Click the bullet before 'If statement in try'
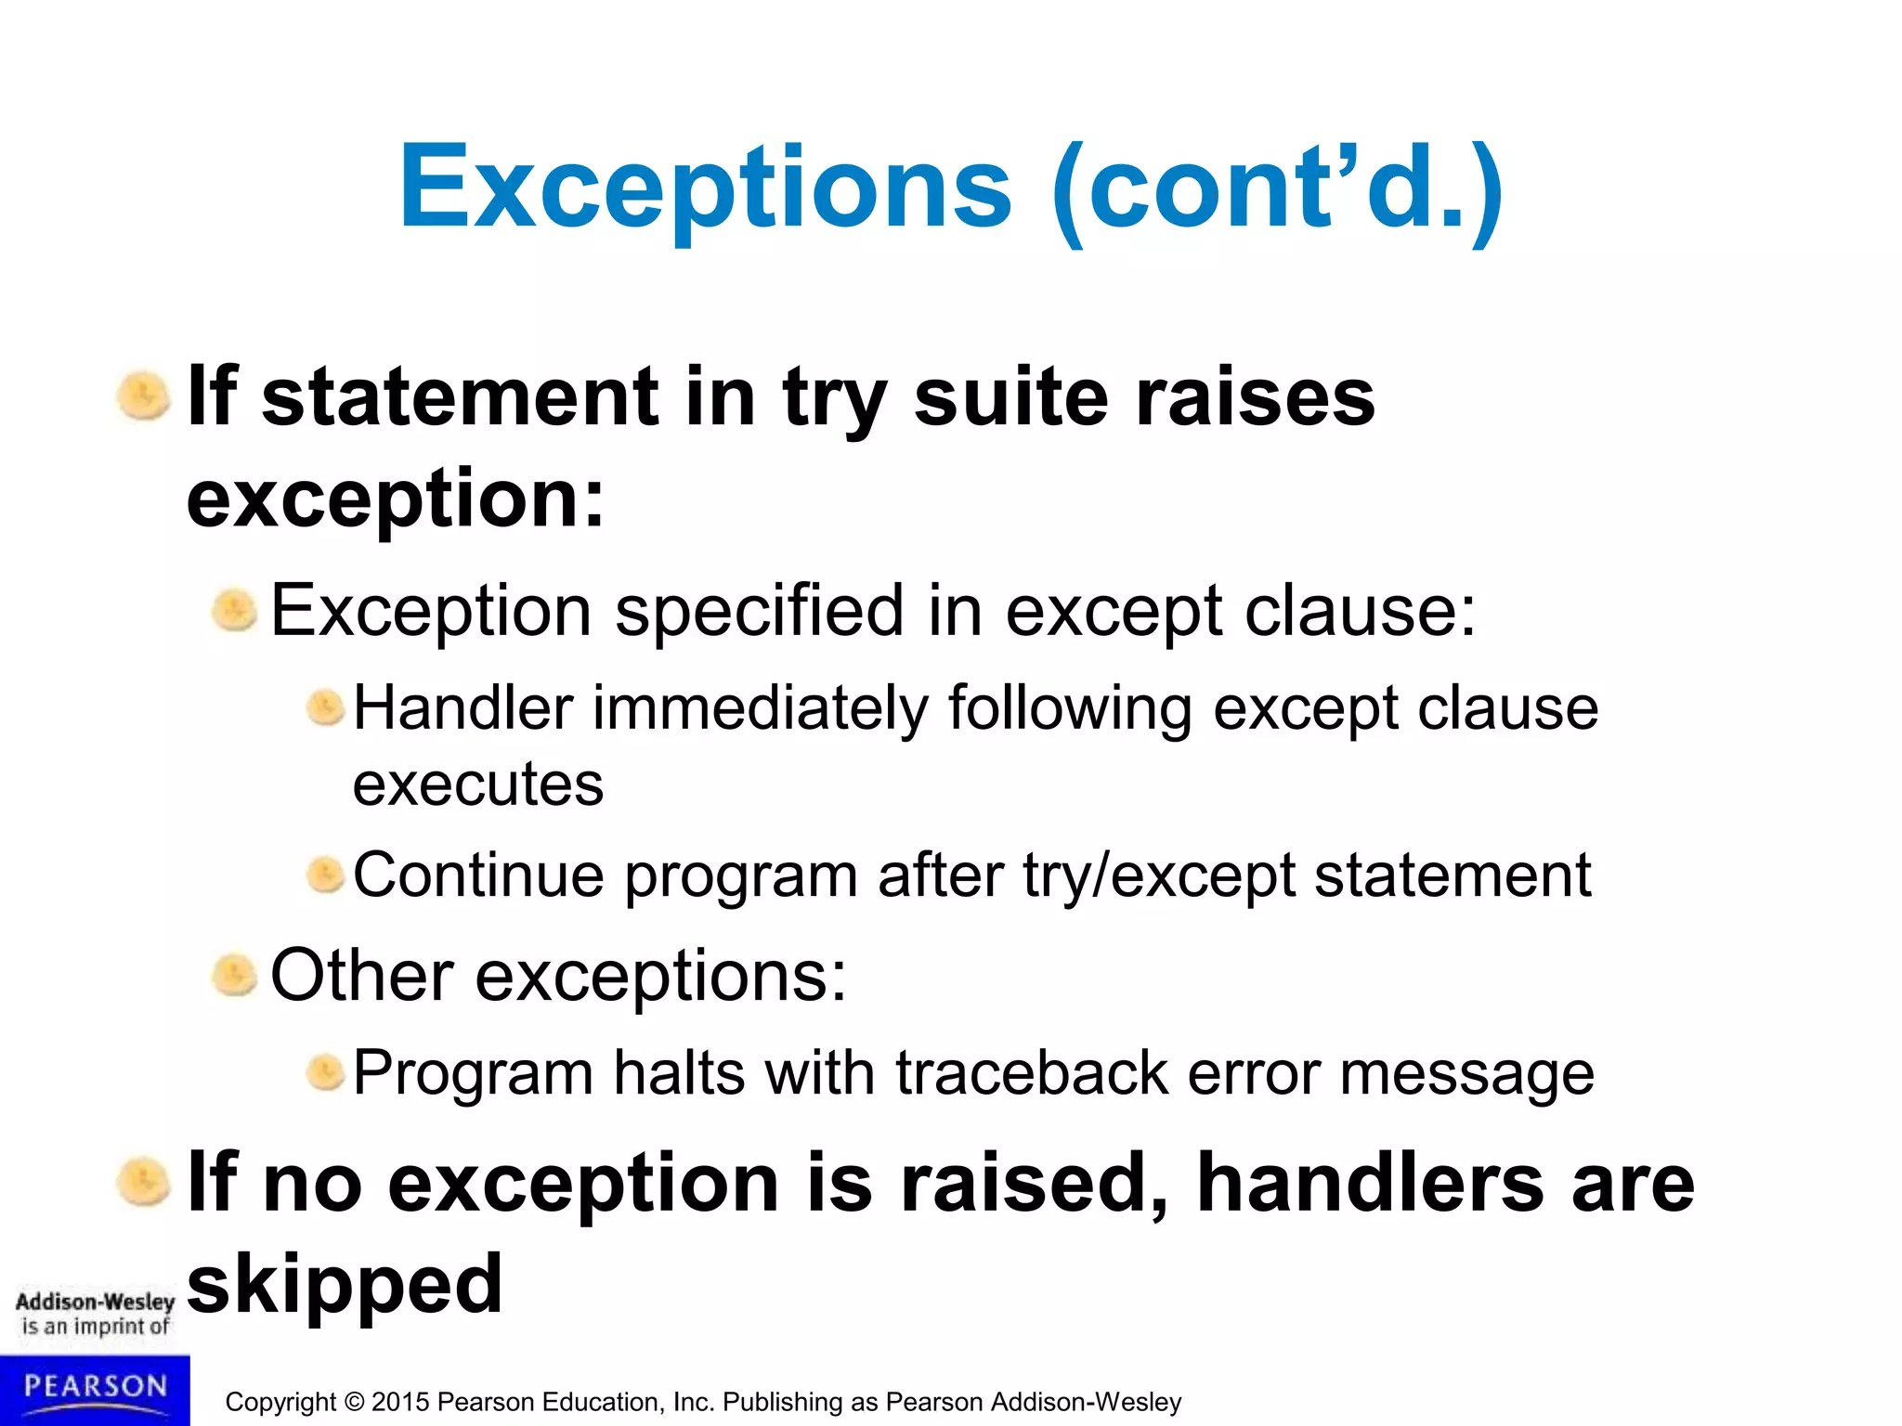tap(144, 396)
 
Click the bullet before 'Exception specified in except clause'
tap(234, 611)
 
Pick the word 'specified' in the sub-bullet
tap(759, 611)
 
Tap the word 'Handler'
tap(462, 708)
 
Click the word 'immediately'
tap(760, 708)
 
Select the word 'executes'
tap(478, 784)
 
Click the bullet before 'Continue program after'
tap(325, 875)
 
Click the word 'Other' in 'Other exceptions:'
tap(361, 976)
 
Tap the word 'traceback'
tap(1031, 1073)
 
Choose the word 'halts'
tap(679, 1073)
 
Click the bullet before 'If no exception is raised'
tap(144, 1183)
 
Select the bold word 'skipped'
tap(345, 1285)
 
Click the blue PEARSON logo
tap(95, 1389)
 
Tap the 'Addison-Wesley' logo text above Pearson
tap(95, 1302)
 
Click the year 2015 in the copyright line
tap(399, 1402)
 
